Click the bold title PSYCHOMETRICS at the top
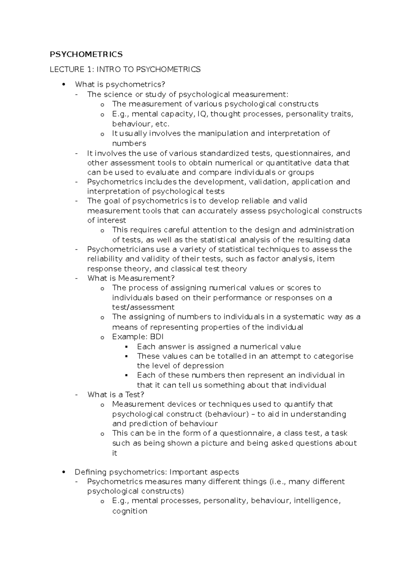click(x=86, y=54)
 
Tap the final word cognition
click(x=130, y=511)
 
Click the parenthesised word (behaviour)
click(x=226, y=414)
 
